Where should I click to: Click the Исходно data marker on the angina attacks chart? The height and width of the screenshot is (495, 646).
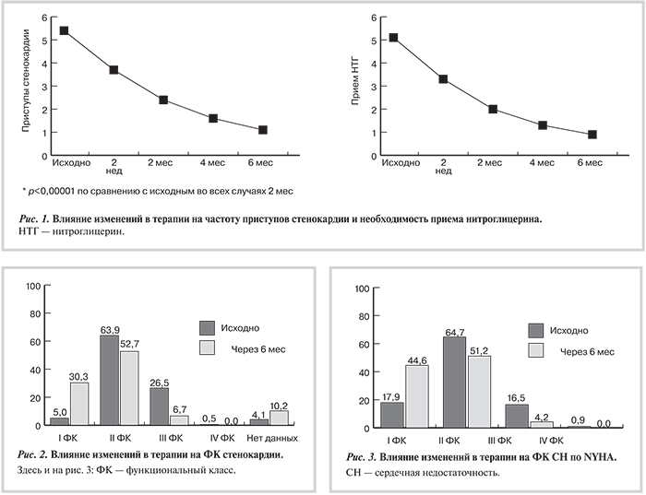tap(64, 30)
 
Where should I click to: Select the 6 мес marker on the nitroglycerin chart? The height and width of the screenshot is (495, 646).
tap(592, 135)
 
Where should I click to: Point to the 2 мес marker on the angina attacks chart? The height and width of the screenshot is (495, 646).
tap(163, 100)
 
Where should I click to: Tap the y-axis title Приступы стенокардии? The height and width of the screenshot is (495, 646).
tap(26, 85)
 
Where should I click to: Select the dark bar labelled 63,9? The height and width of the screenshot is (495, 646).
tap(110, 380)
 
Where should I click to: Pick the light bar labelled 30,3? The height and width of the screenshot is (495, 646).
tap(79, 403)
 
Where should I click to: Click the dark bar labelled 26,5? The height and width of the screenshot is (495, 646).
tap(159, 407)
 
